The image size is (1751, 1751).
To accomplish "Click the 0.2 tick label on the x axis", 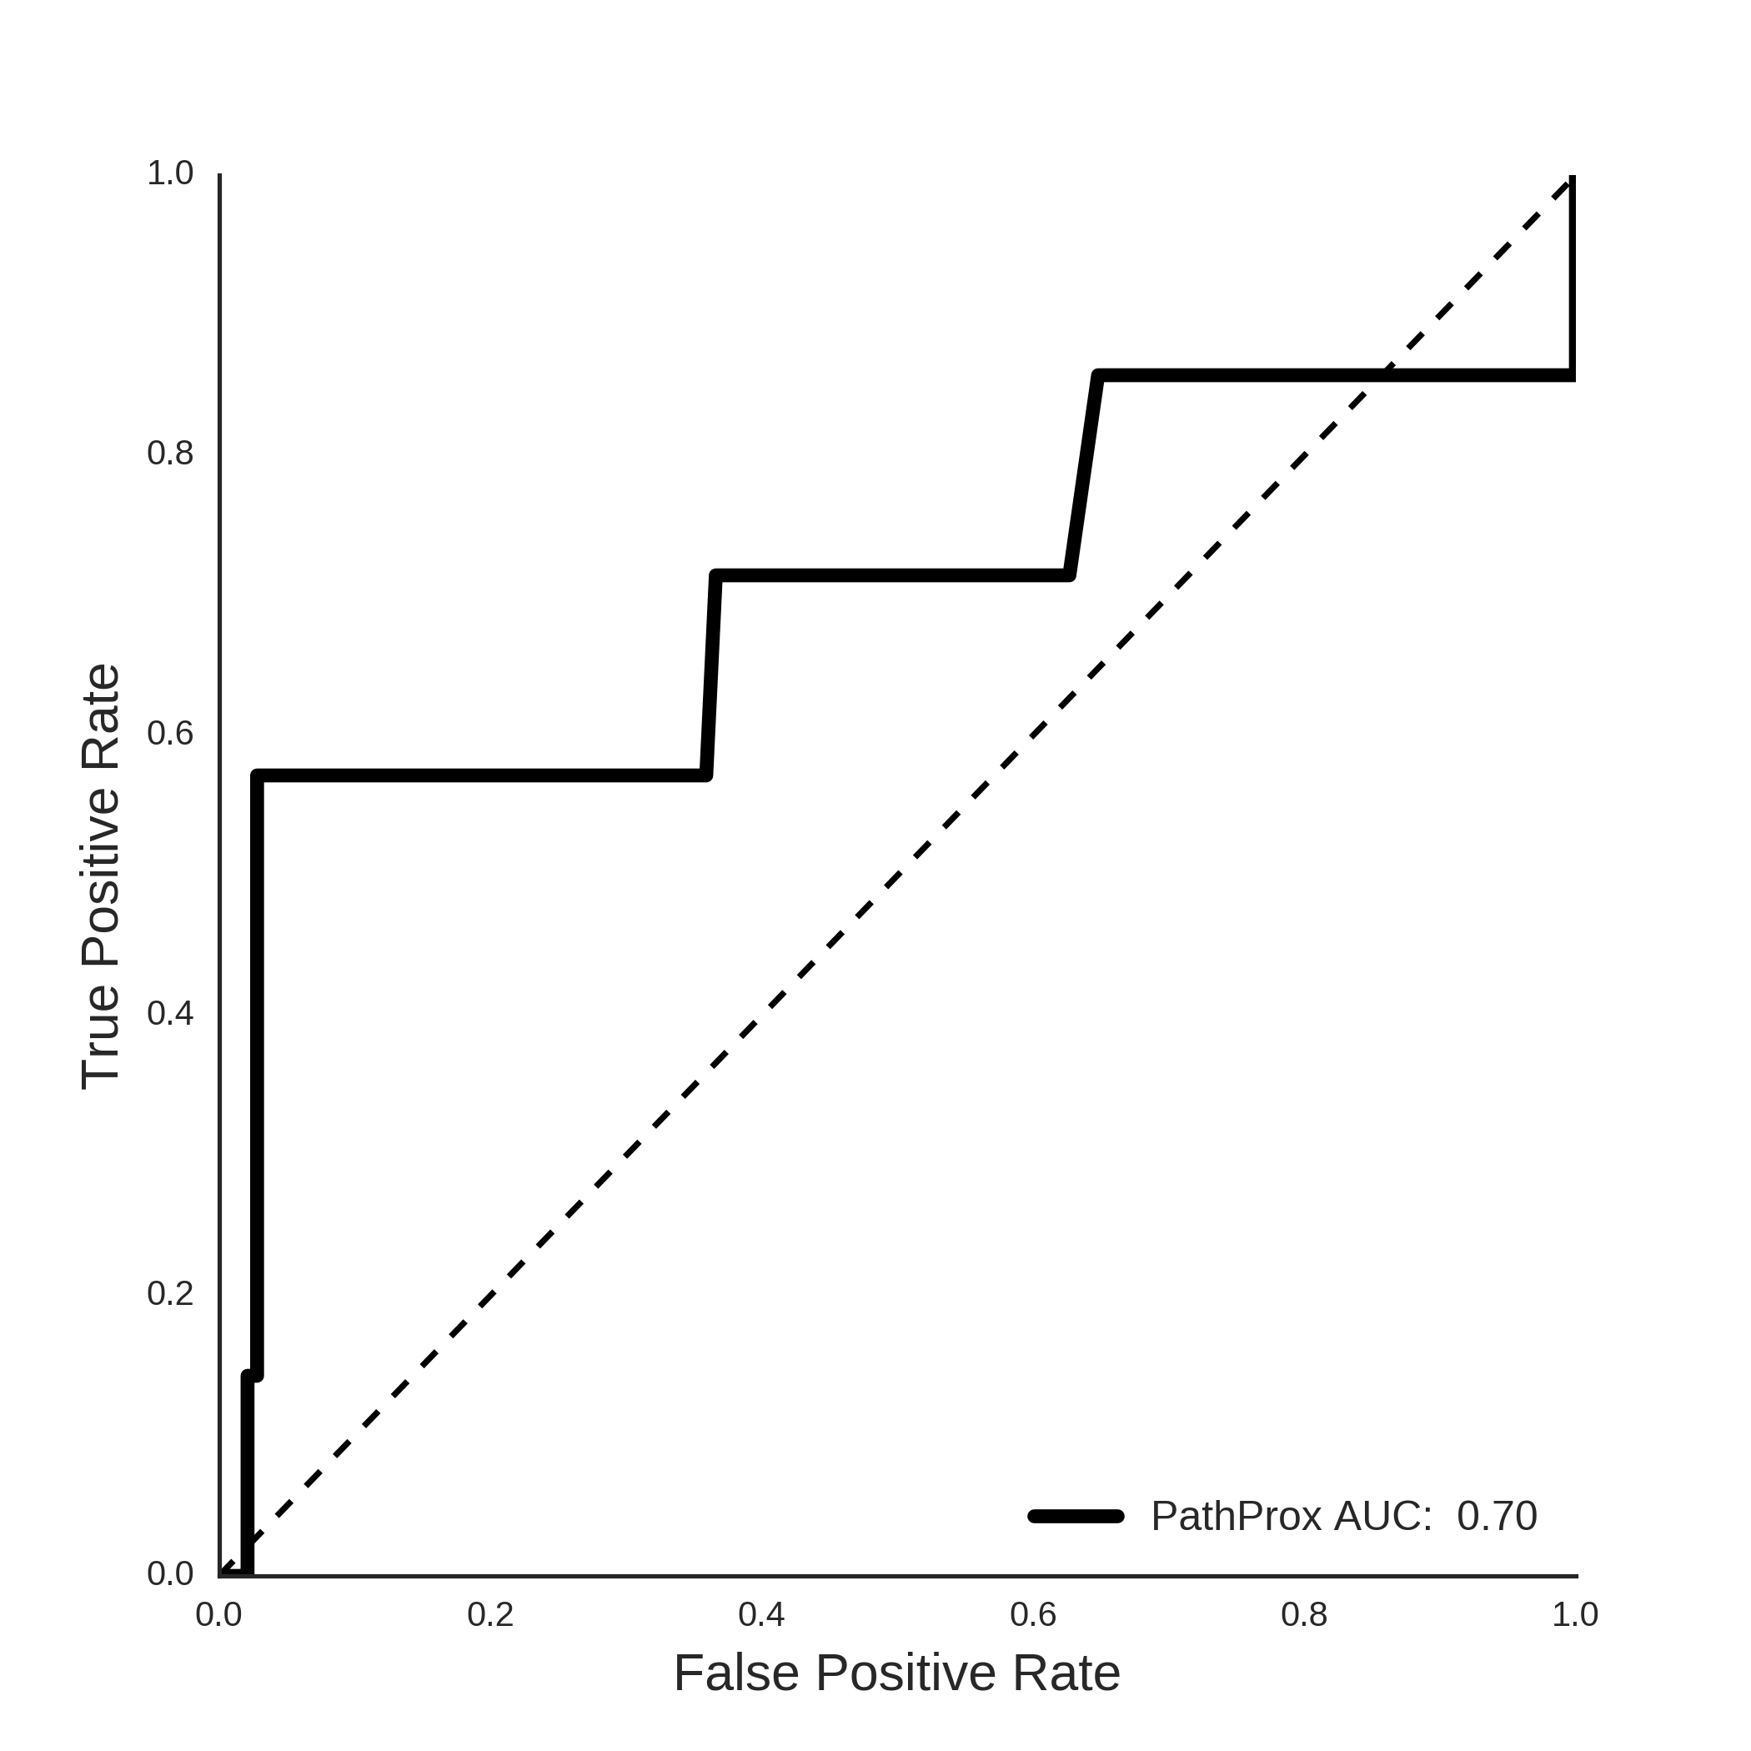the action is point(490,1614).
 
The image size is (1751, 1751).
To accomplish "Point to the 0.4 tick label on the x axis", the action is point(761,1614).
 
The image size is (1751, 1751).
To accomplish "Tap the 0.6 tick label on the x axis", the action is point(1033,1614).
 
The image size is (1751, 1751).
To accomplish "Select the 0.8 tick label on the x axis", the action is point(1304,1614).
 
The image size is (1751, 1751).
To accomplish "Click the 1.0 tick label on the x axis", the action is point(1575,1614).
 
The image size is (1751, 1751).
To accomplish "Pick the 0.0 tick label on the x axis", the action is point(218,1614).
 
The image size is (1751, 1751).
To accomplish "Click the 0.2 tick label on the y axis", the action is point(170,1294).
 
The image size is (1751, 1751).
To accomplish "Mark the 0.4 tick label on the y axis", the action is point(170,1014).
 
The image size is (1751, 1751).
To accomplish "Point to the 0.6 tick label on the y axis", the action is point(170,733).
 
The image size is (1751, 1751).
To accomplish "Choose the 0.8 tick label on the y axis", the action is point(170,453).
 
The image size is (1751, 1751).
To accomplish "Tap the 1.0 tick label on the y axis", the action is point(170,173).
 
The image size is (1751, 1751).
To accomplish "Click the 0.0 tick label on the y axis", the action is point(170,1574).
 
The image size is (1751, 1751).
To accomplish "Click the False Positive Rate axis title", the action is point(897,1673).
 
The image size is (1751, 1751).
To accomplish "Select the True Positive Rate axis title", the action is point(101,876).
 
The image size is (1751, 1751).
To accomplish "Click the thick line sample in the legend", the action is point(1076,1516).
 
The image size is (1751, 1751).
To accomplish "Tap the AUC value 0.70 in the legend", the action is point(1498,1516).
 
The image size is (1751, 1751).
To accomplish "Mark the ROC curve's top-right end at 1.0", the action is point(1573,178).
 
